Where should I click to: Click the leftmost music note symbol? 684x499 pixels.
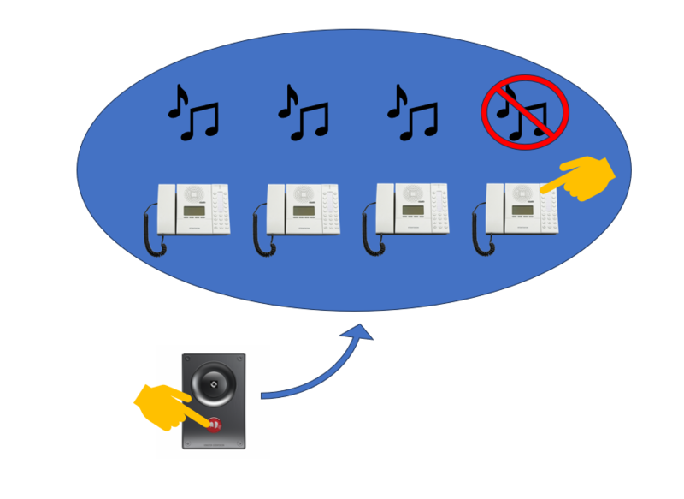[192, 113]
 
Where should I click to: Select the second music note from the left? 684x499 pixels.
[303, 113]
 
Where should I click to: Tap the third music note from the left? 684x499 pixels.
[412, 113]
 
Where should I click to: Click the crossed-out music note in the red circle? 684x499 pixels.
[524, 112]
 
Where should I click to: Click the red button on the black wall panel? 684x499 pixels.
[214, 424]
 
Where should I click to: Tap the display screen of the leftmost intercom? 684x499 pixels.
[194, 212]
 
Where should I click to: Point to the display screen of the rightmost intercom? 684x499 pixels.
[522, 210]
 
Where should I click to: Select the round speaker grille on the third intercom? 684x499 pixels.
[414, 193]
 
